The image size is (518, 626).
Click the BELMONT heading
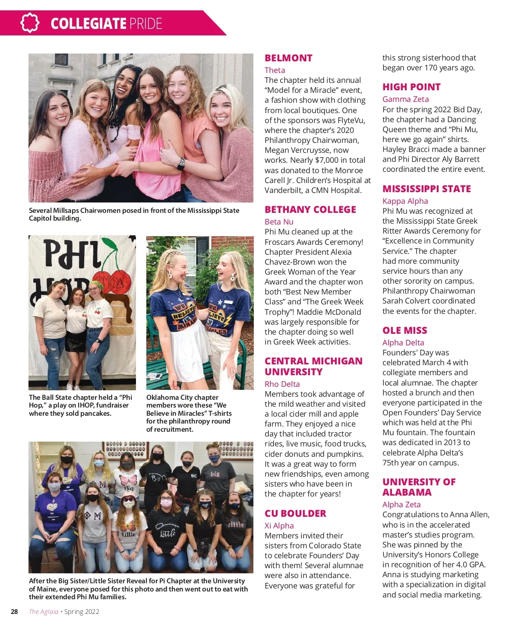(x=288, y=58)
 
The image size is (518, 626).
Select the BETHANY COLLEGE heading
(x=310, y=209)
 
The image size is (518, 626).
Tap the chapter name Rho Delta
(x=282, y=384)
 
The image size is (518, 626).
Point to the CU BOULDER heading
(x=295, y=513)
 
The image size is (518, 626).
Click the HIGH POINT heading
(x=411, y=87)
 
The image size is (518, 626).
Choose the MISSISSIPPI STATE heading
(x=426, y=189)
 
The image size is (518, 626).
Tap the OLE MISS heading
(x=404, y=330)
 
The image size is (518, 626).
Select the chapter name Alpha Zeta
(x=401, y=504)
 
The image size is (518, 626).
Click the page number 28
(x=14, y=611)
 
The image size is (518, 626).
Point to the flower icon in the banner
(x=30, y=23)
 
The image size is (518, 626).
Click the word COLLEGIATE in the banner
(x=88, y=23)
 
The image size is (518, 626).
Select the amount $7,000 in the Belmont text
(x=331, y=160)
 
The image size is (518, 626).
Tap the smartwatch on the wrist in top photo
(x=180, y=163)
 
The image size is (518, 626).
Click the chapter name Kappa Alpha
(x=405, y=201)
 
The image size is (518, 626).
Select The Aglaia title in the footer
(x=43, y=611)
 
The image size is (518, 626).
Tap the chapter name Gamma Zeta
(x=405, y=99)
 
